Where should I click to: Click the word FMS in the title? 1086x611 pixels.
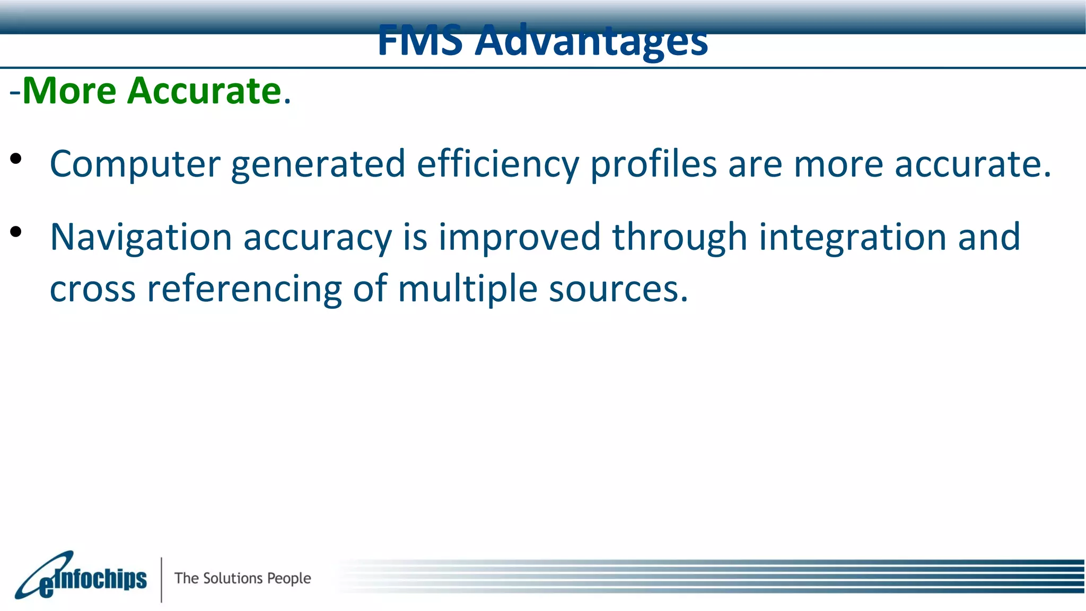[x=420, y=41]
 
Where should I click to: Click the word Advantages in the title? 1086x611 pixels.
[x=591, y=41]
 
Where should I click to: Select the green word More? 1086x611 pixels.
[x=69, y=91]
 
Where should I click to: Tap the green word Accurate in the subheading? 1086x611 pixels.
[x=204, y=91]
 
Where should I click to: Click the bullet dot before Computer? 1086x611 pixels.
[x=16, y=159]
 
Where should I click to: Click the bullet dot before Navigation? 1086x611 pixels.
[x=16, y=231]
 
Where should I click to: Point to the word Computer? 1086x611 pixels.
[x=135, y=164]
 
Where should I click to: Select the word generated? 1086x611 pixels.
[x=318, y=164]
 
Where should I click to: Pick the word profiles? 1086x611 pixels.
[x=653, y=164]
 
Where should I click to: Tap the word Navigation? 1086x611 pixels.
[x=141, y=237]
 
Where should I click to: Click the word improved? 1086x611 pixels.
[x=519, y=237]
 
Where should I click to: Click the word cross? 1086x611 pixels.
[x=93, y=290]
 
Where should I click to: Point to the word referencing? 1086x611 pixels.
[x=244, y=290]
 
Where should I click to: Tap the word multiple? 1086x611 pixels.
[x=467, y=290]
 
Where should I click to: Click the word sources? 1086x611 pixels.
[x=618, y=290]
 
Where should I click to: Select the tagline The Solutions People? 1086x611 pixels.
[x=243, y=578]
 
